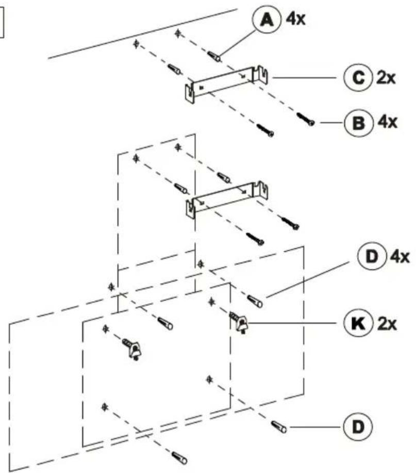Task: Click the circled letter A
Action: pyautogui.click(x=267, y=20)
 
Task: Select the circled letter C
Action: pyautogui.click(x=358, y=78)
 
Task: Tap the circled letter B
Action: pyautogui.click(x=358, y=123)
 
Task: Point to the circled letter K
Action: pyautogui.click(x=358, y=323)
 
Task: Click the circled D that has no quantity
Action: pyautogui.click(x=358, y=427)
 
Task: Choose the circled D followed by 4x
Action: pyautogui.click(x=372, y=256)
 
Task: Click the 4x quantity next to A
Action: pyautogui.click(x=295, y=20)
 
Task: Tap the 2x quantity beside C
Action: pyautogui.click(x=386, y=78)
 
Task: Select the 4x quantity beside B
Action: pyautogui.click(x=388, y=122)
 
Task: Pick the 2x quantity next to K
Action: pyautogui.click(x=387, y=324)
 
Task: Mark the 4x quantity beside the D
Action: pyautogui.click(x=400, y=257)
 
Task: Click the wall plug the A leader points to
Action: pyautogui.click(x=214, y=56)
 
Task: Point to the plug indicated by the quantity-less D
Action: pyautogui.click(x=279, y=427)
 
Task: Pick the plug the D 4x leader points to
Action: pyautogui.click(x=255, y=301)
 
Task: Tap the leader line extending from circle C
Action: pyautogui.click(x=305, y=78)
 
